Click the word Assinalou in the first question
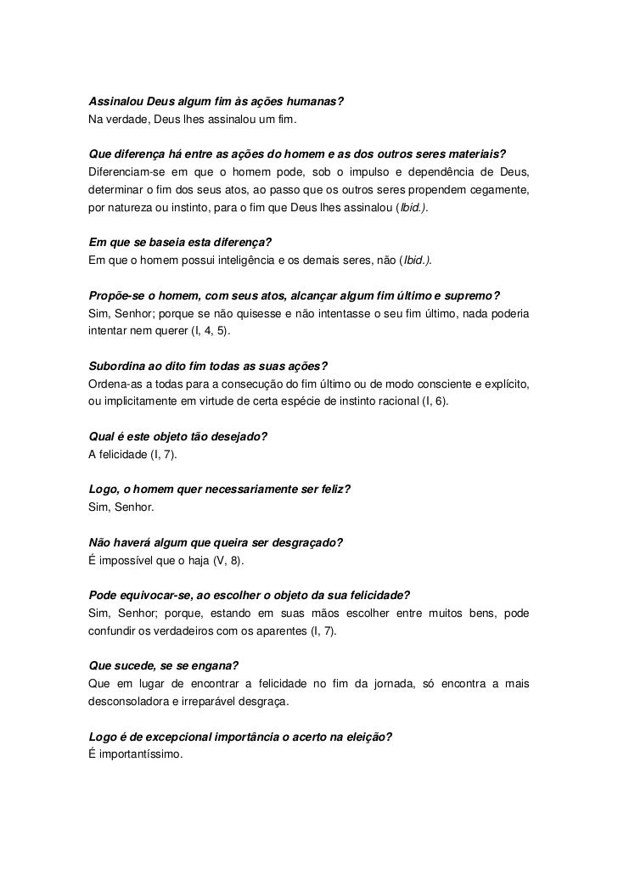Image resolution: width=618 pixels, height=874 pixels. point(115,104)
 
